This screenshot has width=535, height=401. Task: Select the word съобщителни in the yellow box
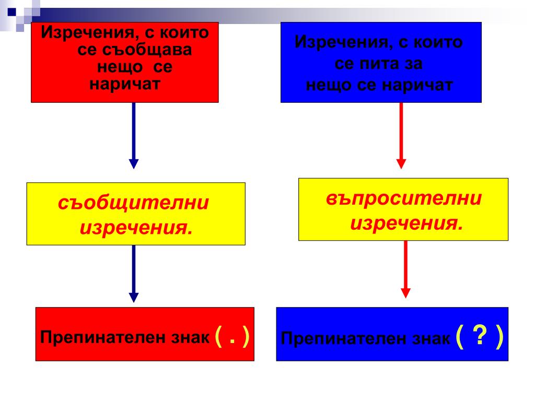click(x=134, y=203)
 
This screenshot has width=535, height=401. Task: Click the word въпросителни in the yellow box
click(x=404, y=199)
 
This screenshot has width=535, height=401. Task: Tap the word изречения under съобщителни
click(x=135, y=228)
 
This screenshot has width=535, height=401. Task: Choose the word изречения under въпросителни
click(x=406, y=224)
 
